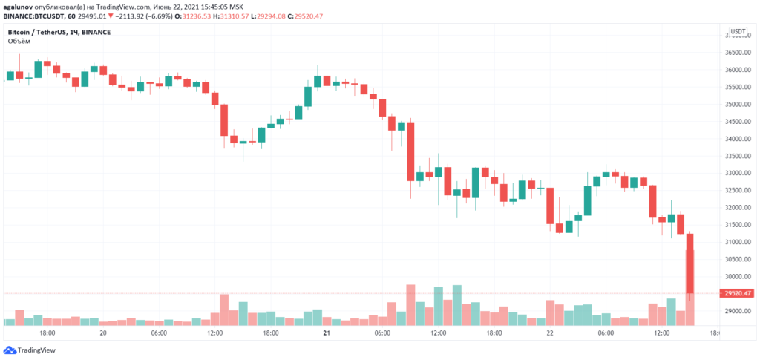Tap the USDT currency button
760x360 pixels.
pyautogui.click(x=738, y=32)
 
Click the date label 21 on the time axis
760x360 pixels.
pyautogui.click(x=327, y=334)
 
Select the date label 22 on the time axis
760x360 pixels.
pyautogui.click(x=550, y=334)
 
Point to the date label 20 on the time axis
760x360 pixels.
pyautogui.click(x=103, y=334)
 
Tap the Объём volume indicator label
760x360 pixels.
pyautogui.click(x=19, y=42)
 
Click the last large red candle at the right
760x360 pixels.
pyautogui.click(x=689, y=263)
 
